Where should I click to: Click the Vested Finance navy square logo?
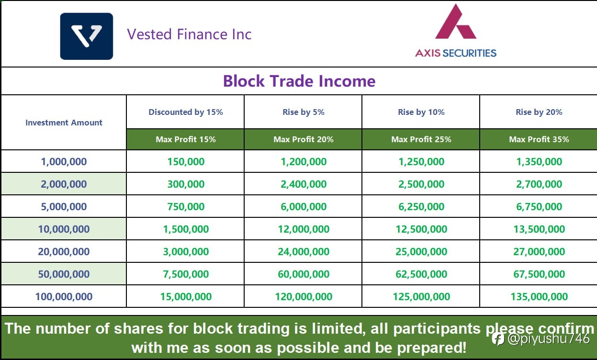point(86,36)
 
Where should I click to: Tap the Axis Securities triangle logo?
point(455,22)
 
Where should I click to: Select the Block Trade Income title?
point(299,81)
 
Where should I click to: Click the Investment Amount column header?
point(64,123)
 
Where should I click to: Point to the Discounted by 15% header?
point(185,112)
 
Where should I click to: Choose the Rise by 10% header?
point(421,112)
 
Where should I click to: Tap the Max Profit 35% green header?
point(539,139)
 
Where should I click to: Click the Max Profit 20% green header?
point(304,139)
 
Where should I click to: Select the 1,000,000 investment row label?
point(64,161)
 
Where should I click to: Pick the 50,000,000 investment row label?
point(64,274)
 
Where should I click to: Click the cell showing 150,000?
point(186,161)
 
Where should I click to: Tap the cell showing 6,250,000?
point(421,206)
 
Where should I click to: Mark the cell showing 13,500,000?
point(539,229)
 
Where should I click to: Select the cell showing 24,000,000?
point(304,251)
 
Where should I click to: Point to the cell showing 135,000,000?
point(539,297)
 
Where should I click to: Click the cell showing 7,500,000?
point(186,274)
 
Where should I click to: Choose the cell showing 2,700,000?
point(539,184)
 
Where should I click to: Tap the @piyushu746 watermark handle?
point(549,338)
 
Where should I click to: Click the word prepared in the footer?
point(432,348)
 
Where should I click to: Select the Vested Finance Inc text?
point(189,34)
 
